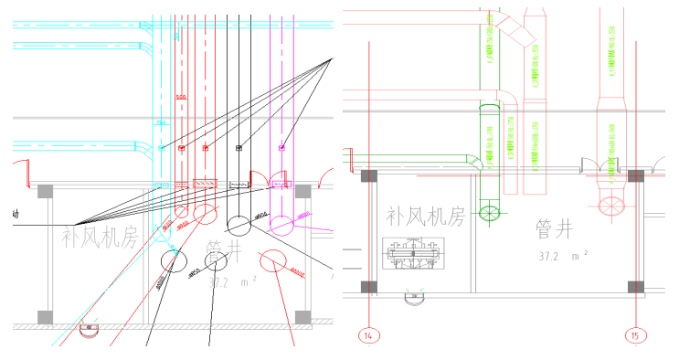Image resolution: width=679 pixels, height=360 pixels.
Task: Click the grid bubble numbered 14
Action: (x=369, y=335)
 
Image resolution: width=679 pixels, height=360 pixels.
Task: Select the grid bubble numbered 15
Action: (x=635, y=335)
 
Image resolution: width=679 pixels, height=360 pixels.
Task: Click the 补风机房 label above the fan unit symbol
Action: (x=425, y=217)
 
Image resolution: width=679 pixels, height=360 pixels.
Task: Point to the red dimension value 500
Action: (x=181, y=97)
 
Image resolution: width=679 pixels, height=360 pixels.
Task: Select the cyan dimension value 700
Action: (x=162, y=122)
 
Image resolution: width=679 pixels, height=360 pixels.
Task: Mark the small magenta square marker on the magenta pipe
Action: (x=281, y=147)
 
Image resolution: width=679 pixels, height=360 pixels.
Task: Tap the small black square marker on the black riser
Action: (x=239, y=147)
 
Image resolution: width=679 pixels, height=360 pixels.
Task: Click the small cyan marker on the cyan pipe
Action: (x=162, y=147)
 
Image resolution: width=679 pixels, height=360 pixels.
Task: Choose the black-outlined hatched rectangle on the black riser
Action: (x=239, y=185)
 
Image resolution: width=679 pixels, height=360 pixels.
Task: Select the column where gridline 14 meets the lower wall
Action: (x=369, y=287)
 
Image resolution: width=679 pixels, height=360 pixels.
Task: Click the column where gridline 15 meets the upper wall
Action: (x=635, y=175)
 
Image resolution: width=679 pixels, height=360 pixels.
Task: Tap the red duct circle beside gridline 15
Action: (x=610, y=202)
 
